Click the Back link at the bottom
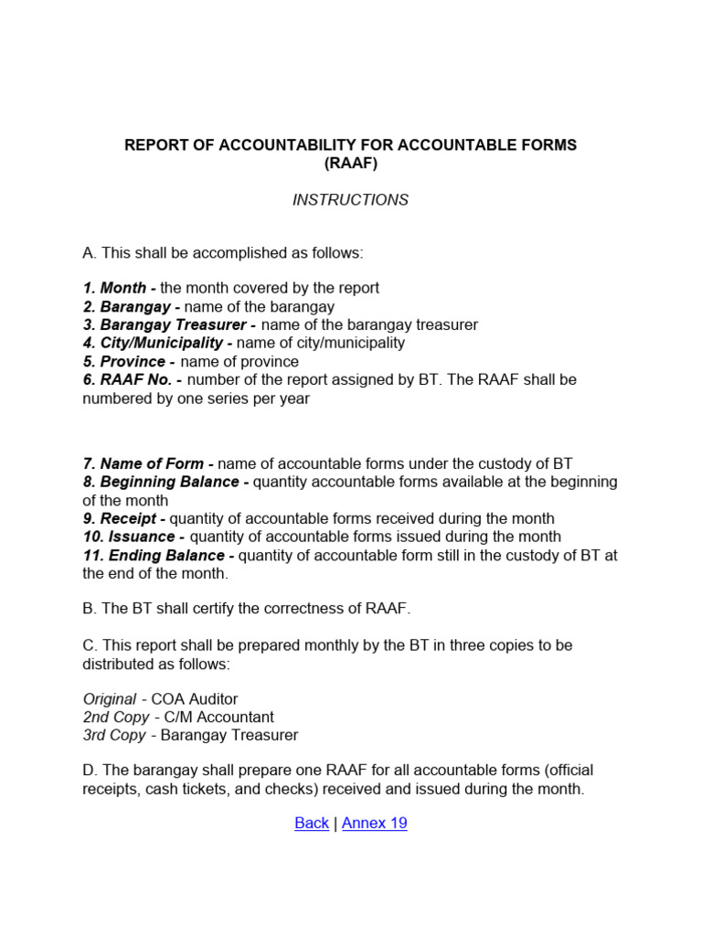312,824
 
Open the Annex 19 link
375,824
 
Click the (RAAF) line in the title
350,164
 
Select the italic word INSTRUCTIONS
350,200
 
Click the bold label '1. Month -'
120,289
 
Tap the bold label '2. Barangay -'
132,307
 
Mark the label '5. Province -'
129,362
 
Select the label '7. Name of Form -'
148,464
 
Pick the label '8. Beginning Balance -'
165,483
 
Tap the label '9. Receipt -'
124,519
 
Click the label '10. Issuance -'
133,537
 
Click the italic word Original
110,699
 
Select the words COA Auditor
195,699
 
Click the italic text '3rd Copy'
114,736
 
